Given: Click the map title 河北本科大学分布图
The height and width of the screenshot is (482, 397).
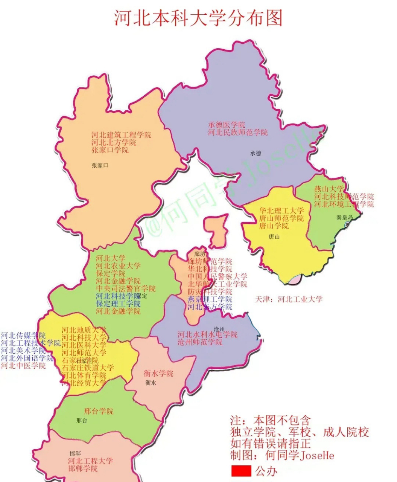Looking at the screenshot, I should [x=198, y=18].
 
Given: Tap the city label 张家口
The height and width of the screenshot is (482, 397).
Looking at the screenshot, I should [x=99, y=165].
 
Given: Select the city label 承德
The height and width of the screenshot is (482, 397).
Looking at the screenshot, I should [x=255, y=153].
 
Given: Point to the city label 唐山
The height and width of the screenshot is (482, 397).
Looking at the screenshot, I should [x=274, y=237].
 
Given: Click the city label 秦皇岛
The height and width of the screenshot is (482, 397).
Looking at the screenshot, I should [x=345, y=218].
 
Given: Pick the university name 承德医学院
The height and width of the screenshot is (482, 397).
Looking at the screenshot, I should [x=227, y=125].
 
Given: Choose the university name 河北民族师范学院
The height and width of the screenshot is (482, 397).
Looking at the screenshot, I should [x=238, y=133].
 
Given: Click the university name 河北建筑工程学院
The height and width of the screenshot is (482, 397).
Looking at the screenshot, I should [x=121, y=135].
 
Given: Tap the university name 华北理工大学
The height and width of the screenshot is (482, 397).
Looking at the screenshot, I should [x=281, y=210].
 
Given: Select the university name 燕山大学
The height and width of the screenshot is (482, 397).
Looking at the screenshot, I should [x=329, y=189].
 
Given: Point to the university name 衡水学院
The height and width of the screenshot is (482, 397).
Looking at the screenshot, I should [x=158, y=374].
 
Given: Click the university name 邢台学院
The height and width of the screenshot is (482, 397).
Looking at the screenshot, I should [x=99, y=411].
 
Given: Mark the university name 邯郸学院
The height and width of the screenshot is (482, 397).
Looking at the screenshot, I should [x=83, y=469].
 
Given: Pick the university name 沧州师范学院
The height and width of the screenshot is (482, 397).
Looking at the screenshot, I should [x=200, y=342].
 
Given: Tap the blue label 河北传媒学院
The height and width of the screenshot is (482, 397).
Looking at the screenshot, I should [x=23, y=335].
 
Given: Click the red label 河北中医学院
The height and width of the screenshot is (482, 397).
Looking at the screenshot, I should [x=23, y=366].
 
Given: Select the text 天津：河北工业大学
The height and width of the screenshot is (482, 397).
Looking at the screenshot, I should [x=289, y=299].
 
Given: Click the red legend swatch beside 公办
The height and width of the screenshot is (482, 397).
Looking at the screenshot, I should [x=241, y=471].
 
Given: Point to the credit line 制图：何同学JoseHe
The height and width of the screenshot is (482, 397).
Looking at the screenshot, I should [x=282, y=455].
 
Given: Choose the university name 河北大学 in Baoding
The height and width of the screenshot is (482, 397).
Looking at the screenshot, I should [x=111, y=258].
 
